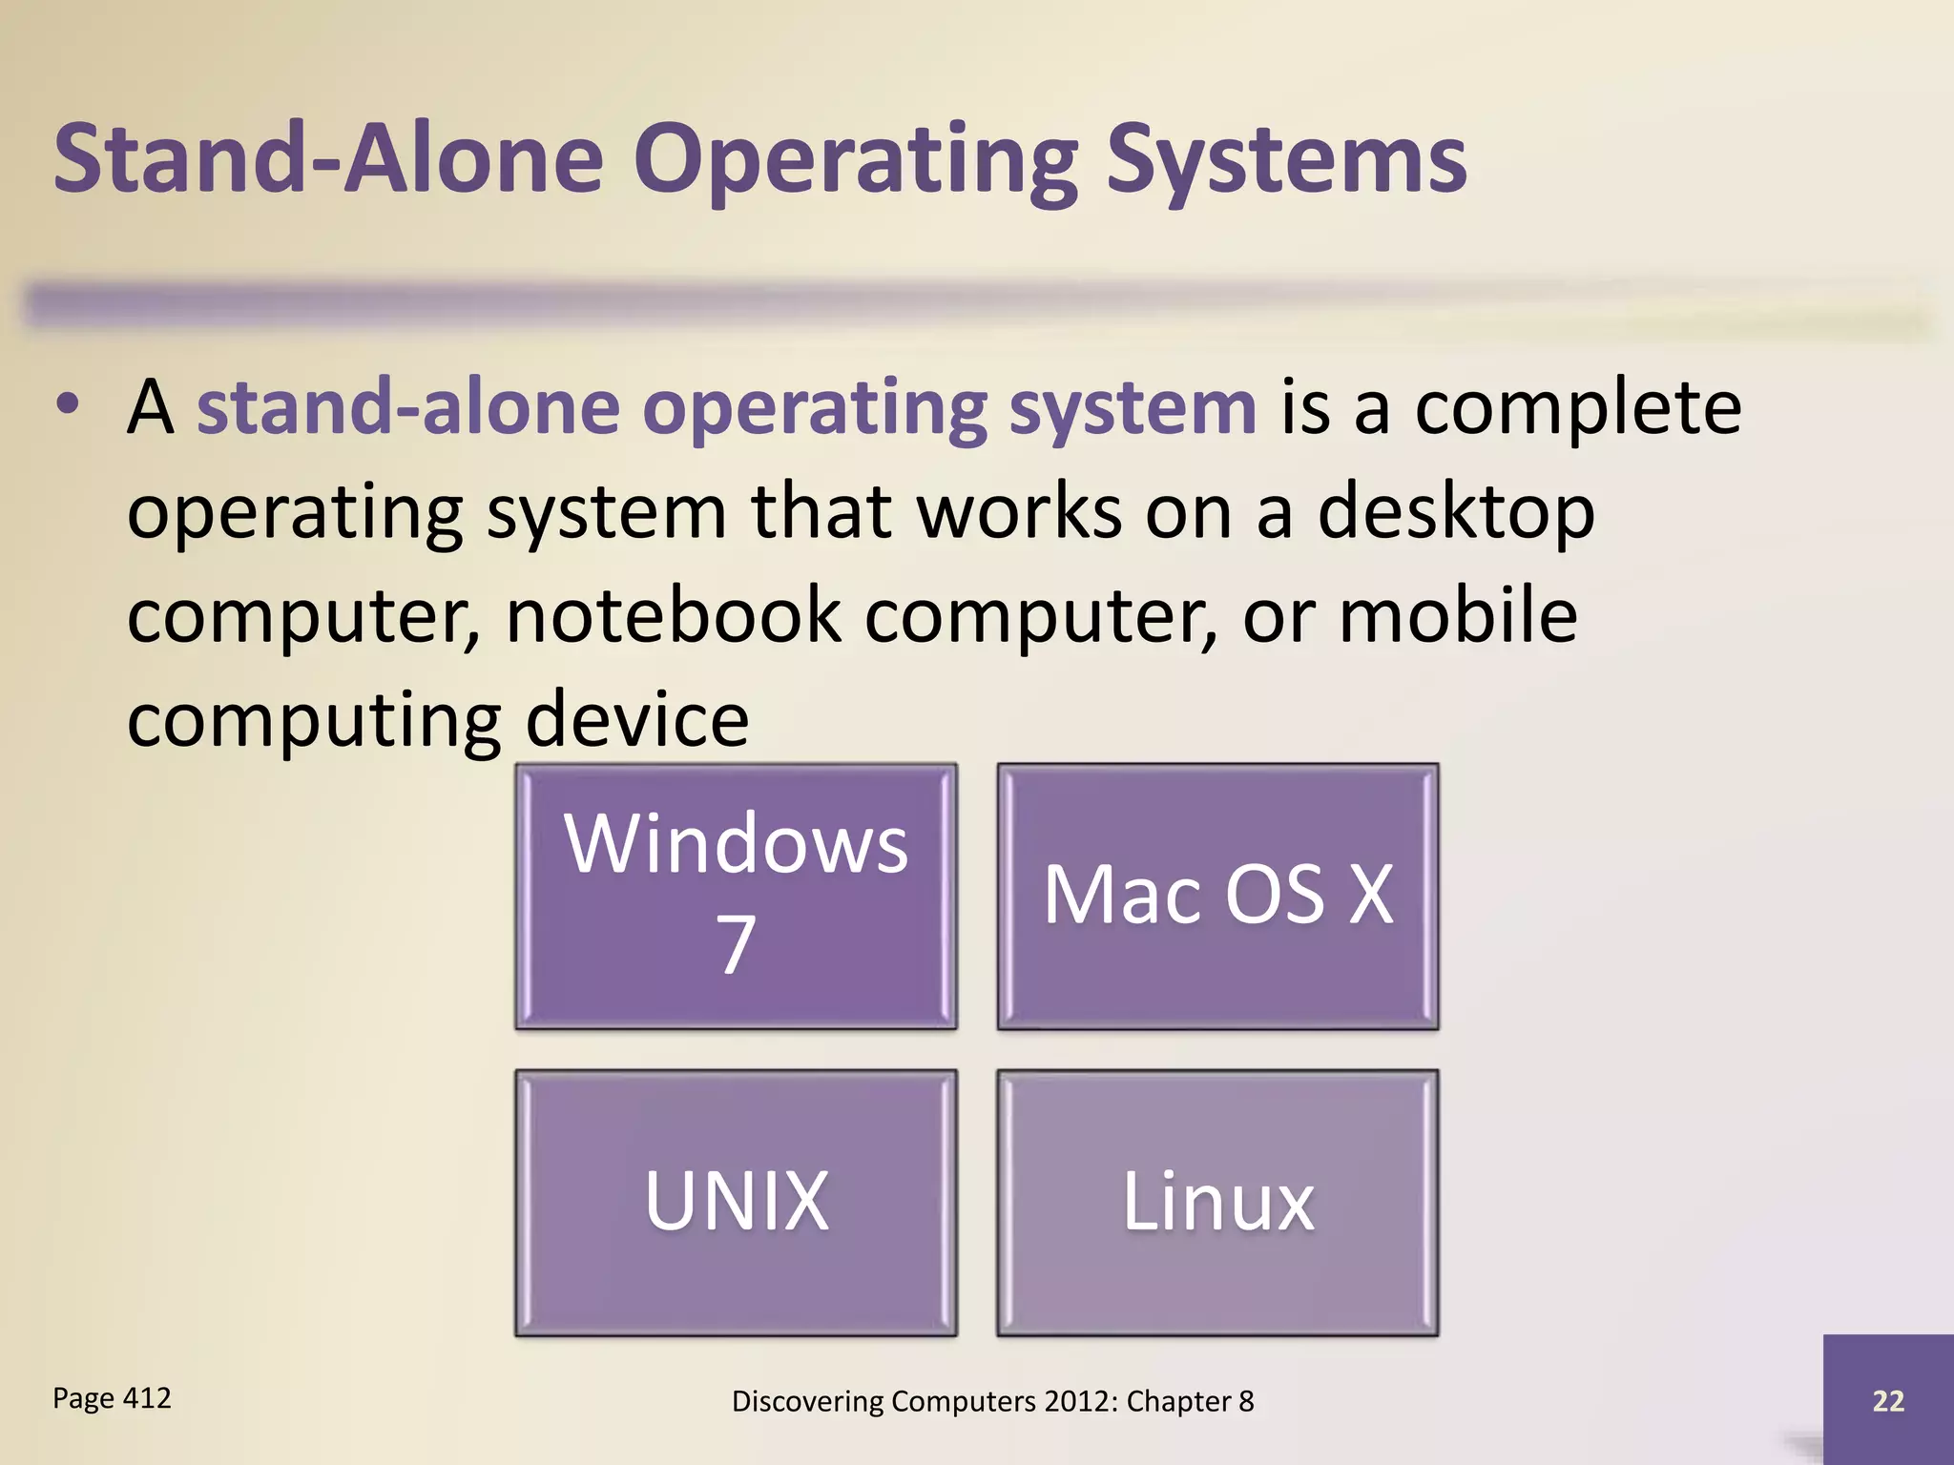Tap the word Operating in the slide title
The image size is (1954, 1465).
pos(855,162)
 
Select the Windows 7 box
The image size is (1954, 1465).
pos(736,896)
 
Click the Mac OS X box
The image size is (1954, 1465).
pos(1217,896)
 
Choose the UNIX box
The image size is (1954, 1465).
pos(736,1202)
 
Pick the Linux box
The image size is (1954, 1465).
pos(1217,1202)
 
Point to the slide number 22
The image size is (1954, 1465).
pos(1888,1400)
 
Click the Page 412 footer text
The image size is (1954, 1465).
pos(112,1398)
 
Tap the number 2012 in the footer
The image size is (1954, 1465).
pos(1079,1401)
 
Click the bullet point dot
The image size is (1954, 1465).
pos(67,404)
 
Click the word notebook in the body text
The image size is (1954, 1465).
pos(674,616)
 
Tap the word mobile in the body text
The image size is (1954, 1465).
pos(1458,616)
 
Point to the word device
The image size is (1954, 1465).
pos(637,720)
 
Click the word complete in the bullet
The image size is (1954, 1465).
pos(1577,408)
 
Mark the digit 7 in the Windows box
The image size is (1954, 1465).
pos(736,944)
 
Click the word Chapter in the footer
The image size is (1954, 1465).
pos(1178,1401)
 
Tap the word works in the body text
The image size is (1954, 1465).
pos(1019,513)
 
